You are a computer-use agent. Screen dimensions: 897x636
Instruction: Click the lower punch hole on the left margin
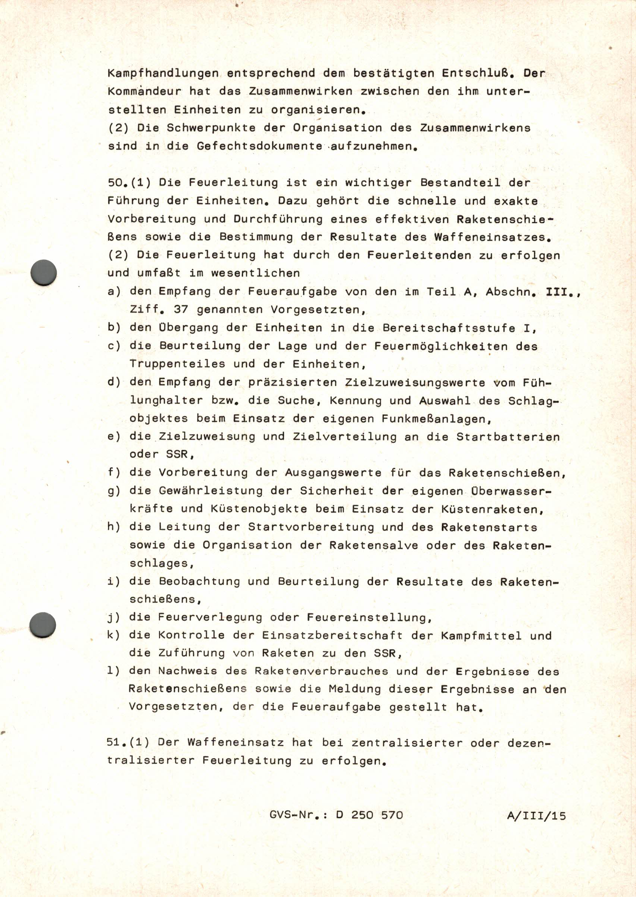tap(43, 625)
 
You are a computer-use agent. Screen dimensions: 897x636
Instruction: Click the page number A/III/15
tap(536, 816)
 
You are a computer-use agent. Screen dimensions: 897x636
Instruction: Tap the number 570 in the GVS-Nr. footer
tap(392, 815)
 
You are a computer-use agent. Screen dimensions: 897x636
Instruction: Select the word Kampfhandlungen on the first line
tap(163, 73)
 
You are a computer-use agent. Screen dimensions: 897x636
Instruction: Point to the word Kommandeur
tap(144, 92)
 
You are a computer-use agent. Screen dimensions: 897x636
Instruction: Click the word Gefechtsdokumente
tap(259, 146)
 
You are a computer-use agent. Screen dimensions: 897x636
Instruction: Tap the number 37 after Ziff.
tap(181, 310)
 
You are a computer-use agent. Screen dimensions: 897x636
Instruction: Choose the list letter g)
tap(114, 491)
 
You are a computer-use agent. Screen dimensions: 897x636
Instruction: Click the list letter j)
tap(114, 618)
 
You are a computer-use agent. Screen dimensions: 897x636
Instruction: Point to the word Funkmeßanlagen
tap(436, 419)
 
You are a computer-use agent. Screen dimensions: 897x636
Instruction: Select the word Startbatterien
tap(508, 437)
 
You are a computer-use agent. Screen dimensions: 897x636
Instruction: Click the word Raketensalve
tap(373, 546)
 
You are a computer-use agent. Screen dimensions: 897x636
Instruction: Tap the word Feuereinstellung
tap(369, 618)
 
